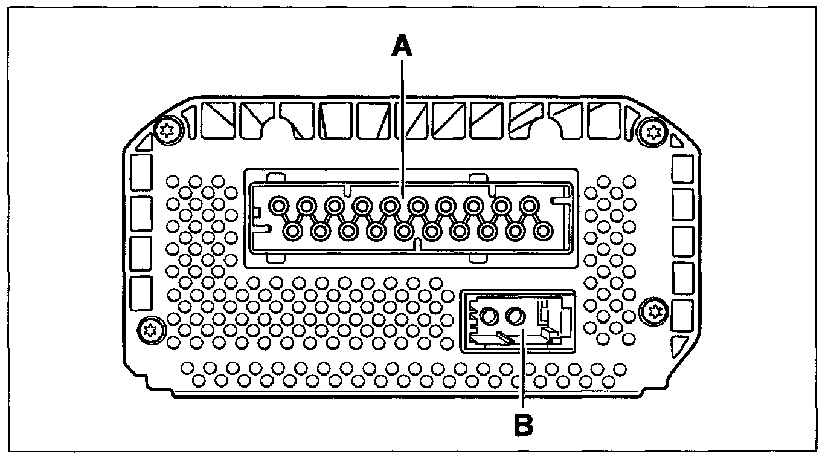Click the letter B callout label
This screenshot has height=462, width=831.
pos(523,425)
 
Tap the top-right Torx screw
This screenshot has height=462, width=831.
pos(652,130)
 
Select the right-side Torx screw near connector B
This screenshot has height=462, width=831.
pos(653,312)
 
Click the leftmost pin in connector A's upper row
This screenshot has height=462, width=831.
pos(278,206)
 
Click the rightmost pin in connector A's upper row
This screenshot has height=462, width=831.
pos(530,206)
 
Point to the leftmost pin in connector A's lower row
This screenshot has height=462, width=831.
pos(293,230)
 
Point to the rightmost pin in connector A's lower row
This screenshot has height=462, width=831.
pos(543,230)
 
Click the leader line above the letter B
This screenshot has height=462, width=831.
pos(523,375)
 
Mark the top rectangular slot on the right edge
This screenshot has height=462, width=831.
pos(682,169)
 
